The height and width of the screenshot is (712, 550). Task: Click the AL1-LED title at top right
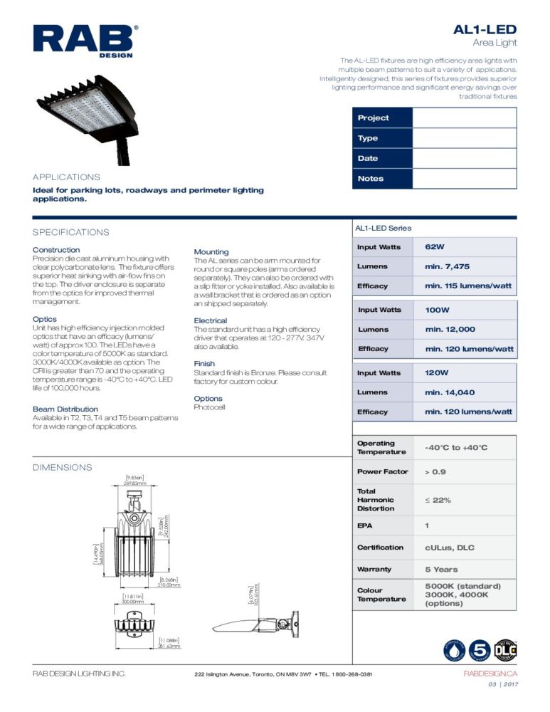[485, 29]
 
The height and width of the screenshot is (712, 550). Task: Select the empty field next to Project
[464, 117]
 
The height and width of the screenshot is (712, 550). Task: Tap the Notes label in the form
[371, 179]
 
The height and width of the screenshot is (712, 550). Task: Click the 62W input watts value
[435, 247]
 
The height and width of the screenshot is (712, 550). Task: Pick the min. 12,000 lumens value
[450, 330]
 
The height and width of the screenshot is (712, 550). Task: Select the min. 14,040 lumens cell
[450, 392]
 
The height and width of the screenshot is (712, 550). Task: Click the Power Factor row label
[383, 472]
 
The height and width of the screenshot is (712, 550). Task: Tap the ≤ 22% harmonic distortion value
[438, 500]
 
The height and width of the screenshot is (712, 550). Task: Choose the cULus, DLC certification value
[449, 548]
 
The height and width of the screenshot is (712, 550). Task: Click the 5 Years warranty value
[442, 570]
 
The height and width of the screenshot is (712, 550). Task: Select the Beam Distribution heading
[65, 409]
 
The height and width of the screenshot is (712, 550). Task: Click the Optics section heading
[45, 319]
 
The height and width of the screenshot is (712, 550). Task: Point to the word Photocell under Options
[209, 407]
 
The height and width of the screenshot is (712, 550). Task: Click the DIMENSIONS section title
[63, 467]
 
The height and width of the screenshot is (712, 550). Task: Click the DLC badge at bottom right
[505, 650]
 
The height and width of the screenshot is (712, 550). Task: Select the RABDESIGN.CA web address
[490, 674]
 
